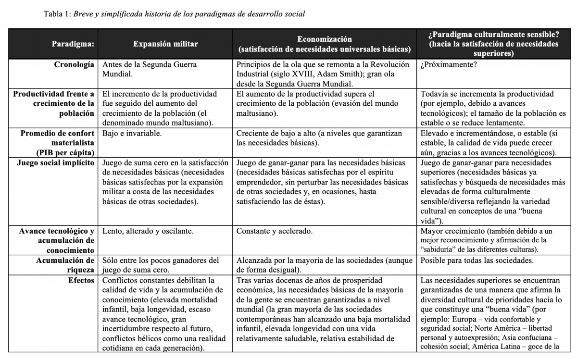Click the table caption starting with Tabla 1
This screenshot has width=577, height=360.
[x=174, y=13]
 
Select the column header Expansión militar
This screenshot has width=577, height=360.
[x=165, y=44]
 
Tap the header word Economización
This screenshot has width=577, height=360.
[x=324, y=39]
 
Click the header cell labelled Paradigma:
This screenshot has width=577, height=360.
[x=73, y=44]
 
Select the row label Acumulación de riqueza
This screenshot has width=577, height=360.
[x=64, y=265]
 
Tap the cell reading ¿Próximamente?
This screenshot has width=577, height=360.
[x=449, y=65]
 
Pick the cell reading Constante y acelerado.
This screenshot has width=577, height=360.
[x=275, y=231]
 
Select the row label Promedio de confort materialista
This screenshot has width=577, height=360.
[x=58, y=138]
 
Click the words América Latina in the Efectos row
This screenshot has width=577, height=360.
[x=495, y=346]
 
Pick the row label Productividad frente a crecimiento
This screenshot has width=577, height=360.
[x=54, y=103]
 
